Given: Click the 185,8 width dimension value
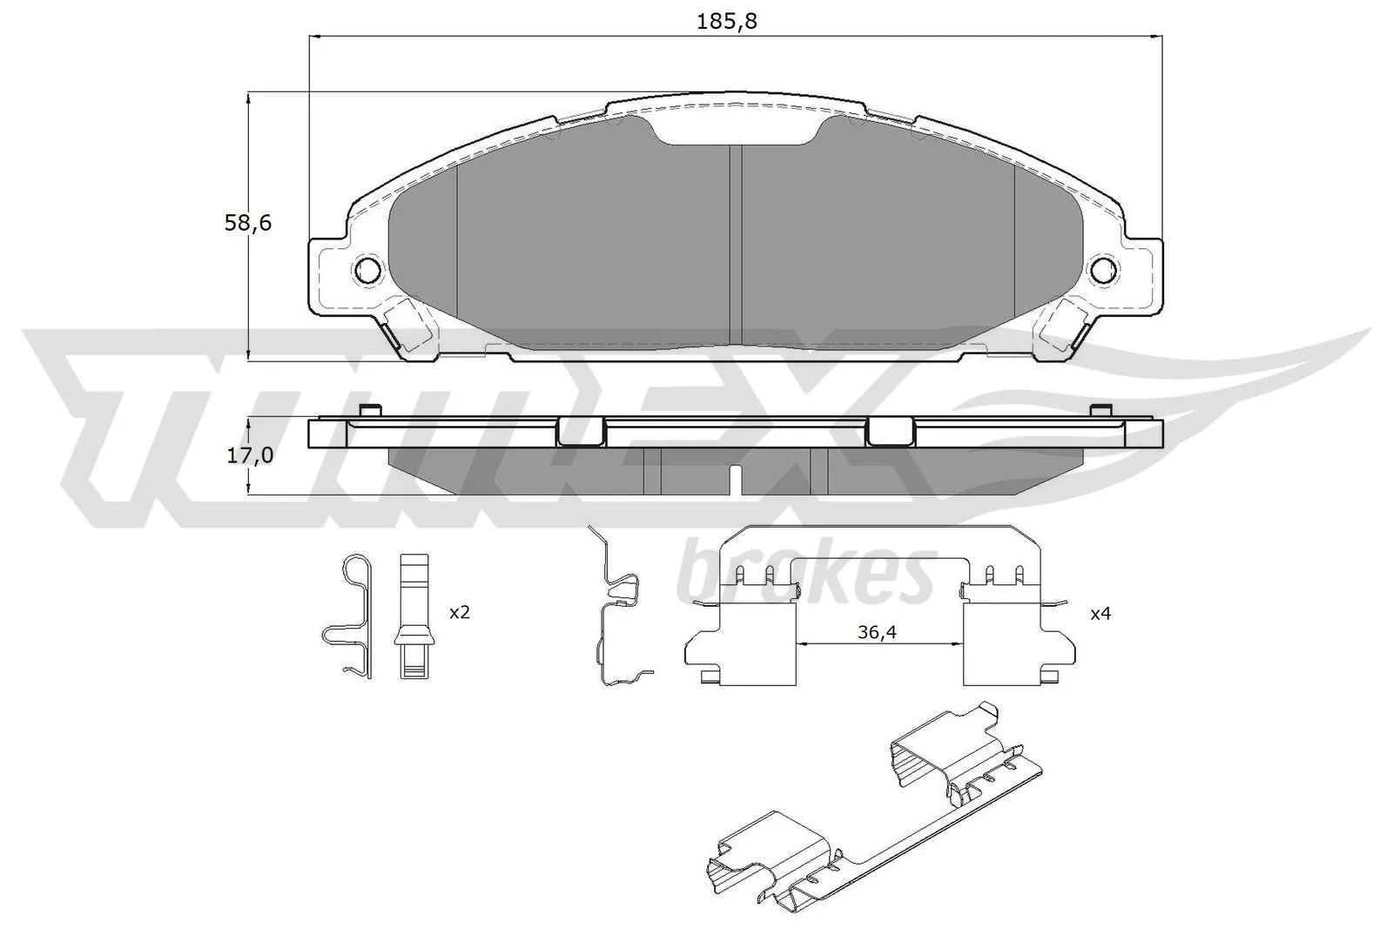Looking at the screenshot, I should click(x=727, y=21).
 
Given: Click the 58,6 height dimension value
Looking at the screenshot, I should click(x=248, y=223).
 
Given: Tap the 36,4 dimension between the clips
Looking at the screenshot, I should click(x=877, y=633).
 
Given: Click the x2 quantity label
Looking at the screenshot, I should click(x=459, y=613).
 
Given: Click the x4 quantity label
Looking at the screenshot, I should click(x=1100, y=613).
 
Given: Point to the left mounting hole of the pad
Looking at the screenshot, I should click(x=368, y=270).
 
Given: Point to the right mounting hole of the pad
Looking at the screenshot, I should click(x=1103, y=270).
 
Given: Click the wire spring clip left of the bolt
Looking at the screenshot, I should click(x=351, y=615).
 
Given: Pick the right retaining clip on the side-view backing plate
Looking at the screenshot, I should click(x=890, y=431).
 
